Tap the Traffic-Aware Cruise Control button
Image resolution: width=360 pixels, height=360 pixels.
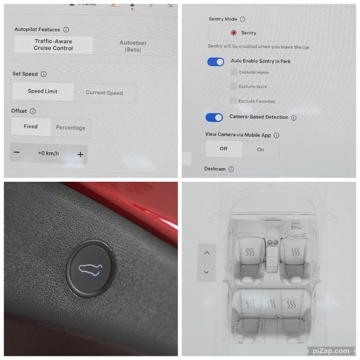(53, 45)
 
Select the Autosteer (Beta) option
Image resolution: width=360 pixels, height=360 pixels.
(133, 46)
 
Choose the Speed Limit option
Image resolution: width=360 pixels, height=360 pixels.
(43, 92)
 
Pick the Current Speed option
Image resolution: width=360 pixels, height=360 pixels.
(104, 93)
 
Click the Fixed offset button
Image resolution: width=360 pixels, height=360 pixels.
(31, 127)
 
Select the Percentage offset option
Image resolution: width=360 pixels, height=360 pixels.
(70, 128)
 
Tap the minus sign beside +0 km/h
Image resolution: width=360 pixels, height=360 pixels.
(17, 153)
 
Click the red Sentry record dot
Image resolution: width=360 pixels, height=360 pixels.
(233, 33)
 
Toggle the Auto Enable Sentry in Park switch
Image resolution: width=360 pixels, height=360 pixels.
(215, 62)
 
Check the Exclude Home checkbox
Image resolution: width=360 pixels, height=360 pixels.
(233, 72)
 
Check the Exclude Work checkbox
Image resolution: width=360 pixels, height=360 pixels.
(233, 86)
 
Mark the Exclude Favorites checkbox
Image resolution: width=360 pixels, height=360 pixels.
(233, 101)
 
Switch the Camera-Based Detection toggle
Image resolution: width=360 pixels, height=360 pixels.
(214, 118)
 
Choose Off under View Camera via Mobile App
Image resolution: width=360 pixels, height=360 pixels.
(223, 149)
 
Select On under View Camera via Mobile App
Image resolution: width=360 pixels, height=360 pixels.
(260, 149)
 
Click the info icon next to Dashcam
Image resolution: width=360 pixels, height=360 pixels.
(231, 170)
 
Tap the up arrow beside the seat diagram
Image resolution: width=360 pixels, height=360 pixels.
(206, 253)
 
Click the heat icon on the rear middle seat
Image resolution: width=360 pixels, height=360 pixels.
(271, 304)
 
